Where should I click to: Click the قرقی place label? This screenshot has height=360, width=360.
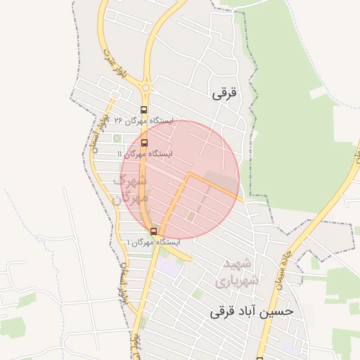(x=224, y=93)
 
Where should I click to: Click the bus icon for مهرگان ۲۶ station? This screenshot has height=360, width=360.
(x=144, y=110)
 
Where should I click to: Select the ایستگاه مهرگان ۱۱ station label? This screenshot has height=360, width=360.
(x=145, y=153)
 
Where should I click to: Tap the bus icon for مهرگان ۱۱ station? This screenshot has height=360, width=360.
(x=145, y=143)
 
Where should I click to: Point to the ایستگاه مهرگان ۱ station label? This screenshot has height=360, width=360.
(x=153, y=242)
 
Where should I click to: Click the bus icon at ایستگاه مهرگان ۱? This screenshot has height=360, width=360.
(x=153, y=231)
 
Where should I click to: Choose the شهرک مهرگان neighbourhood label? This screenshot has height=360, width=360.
(x=131, y=188)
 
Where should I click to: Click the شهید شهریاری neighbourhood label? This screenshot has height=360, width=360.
(x=240, y=271)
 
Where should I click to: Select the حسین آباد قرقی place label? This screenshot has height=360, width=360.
(x=250, y=310)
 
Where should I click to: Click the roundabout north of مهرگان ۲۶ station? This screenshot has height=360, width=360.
(x=146, y=87)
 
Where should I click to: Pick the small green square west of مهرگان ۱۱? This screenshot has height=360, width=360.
(x=117, y=138)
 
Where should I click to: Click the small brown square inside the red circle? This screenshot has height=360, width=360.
(x=191, y=215)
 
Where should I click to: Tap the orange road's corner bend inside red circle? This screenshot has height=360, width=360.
(x=188, y=174)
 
